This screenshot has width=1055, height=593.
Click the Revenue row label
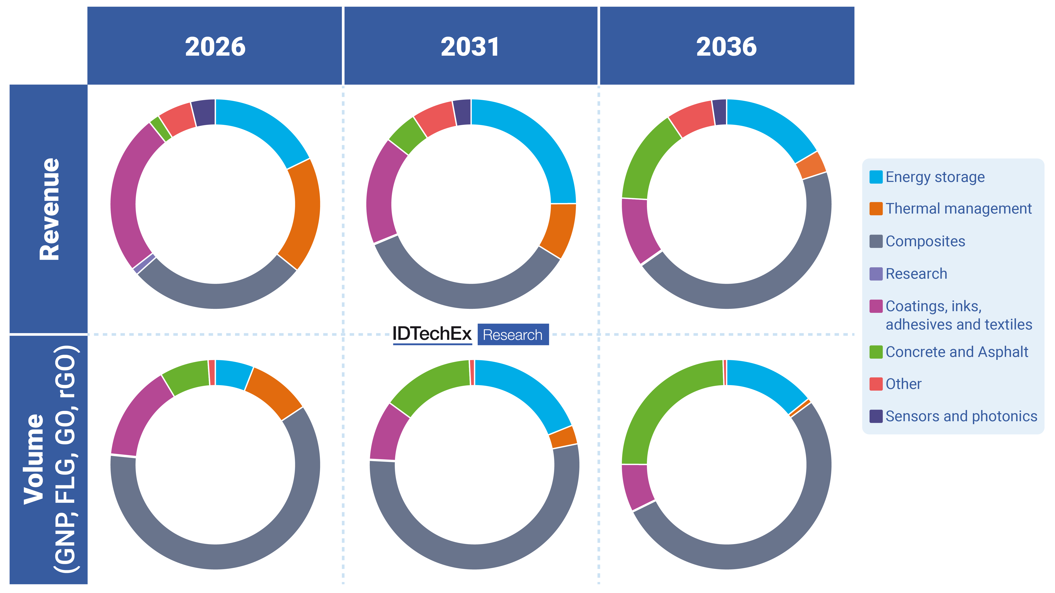click(49, 209)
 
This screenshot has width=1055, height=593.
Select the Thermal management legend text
click(958, 209)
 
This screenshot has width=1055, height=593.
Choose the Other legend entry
click(903, 384)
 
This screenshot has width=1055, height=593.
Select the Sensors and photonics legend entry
click(961, 416)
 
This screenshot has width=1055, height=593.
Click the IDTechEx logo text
click(432, 334)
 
